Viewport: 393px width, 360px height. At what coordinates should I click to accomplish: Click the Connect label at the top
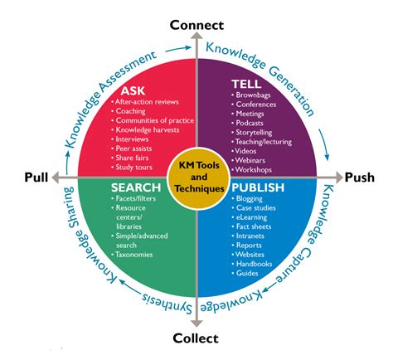(x=196, y=24)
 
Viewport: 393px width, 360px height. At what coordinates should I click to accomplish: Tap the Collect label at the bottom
(x=196, y=338)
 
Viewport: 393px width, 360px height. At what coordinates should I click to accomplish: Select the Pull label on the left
(x=36, y=177)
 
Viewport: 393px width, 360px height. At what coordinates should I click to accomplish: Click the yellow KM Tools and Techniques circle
(x=196, y=176)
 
